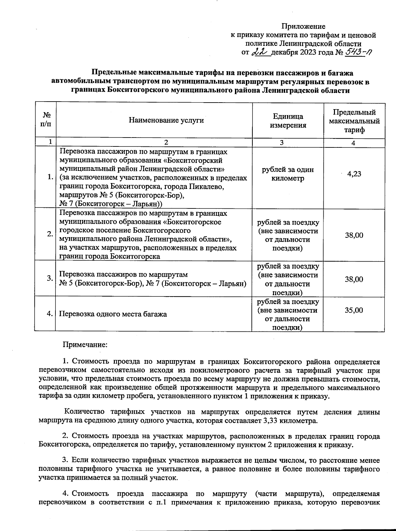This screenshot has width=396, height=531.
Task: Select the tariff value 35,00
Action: (354, 310)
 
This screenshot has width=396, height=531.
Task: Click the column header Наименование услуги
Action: (166, 120)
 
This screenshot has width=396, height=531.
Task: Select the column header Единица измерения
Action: (288, 121)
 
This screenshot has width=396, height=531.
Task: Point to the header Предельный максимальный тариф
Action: (354, 121)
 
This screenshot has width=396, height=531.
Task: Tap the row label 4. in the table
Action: (50, 314)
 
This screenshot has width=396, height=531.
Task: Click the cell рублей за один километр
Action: (288, 174)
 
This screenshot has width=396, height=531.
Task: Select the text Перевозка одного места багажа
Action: (113, 314)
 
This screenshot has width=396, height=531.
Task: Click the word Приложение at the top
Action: (303, 26)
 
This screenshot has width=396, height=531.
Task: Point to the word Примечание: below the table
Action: (85, 345)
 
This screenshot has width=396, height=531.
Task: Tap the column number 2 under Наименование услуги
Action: (166, 142)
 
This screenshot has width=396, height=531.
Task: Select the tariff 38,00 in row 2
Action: (354, 235)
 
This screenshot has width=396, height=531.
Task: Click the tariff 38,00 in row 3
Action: (354, 279)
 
